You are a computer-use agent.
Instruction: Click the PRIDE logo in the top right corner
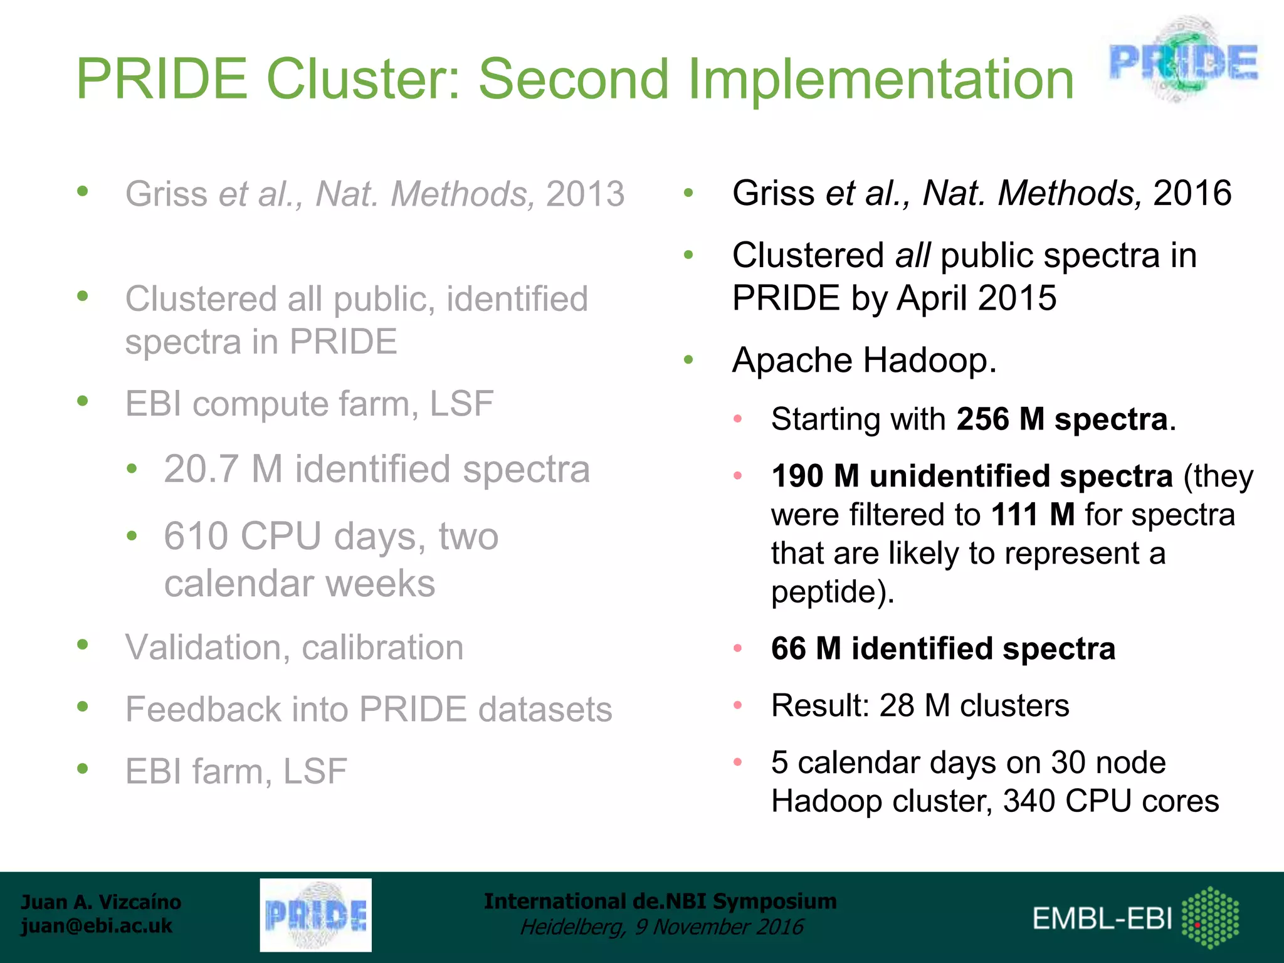1183,61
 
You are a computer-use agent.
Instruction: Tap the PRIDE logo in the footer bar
315,915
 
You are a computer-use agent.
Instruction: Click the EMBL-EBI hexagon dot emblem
1210,917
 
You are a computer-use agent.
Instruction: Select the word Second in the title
574,80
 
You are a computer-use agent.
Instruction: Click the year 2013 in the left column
585,194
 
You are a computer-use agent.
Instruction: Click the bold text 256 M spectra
1062,419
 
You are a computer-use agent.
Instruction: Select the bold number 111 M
1033,515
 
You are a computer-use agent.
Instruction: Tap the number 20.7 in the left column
201,469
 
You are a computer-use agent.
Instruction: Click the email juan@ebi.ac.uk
97,926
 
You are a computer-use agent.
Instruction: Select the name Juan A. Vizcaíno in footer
101,902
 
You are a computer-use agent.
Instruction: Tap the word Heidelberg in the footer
571,927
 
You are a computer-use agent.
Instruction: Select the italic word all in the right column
912,256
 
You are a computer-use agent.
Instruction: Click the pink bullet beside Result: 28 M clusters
738,705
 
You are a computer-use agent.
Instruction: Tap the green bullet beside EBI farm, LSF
83,769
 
